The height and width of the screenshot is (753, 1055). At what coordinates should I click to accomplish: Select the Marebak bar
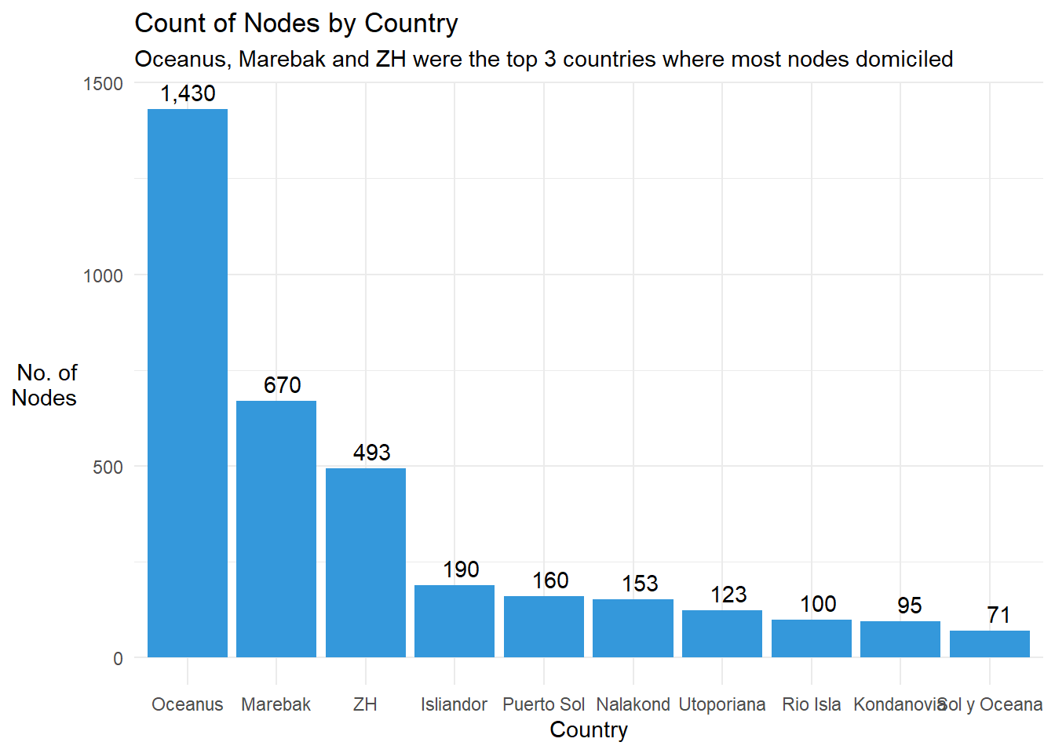coord(276,529)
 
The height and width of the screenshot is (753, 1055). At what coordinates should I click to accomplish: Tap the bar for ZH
coord(366,562)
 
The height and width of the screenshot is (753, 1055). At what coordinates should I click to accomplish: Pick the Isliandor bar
coord(454,620)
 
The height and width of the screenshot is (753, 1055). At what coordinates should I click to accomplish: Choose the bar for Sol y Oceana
coord(990,643)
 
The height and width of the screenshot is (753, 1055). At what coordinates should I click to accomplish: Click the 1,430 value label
coord(188,93)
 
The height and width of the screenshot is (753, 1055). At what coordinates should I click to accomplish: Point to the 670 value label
coord(283,385)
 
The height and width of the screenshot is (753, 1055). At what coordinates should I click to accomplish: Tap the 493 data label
coord(371,453)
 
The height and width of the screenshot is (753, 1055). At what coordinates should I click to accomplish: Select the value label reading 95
coord(909,606)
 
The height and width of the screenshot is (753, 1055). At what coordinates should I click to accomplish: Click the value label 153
coord(640,584)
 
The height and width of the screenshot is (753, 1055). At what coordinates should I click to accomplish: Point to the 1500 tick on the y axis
coord(104,84)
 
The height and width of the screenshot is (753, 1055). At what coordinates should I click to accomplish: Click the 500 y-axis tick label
coord(108,467)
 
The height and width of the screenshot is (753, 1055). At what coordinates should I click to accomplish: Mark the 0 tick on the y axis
coord(118,659)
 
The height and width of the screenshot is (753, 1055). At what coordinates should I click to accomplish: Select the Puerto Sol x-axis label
coord(544,704)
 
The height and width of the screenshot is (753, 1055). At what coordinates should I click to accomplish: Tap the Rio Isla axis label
coord(812,704)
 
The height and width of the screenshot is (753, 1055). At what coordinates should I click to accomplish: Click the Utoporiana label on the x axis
coord(722,704)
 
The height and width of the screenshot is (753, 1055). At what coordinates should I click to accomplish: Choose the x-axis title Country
coord(589,730)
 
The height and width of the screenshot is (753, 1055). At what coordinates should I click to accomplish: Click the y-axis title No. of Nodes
coord(46,385)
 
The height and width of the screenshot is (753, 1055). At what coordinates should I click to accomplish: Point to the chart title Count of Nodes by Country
coord(296,24)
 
